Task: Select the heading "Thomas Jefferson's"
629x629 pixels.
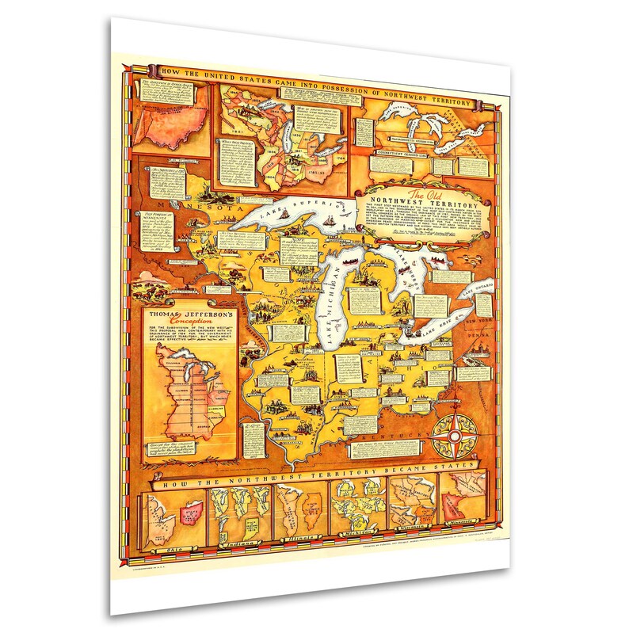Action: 185,314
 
